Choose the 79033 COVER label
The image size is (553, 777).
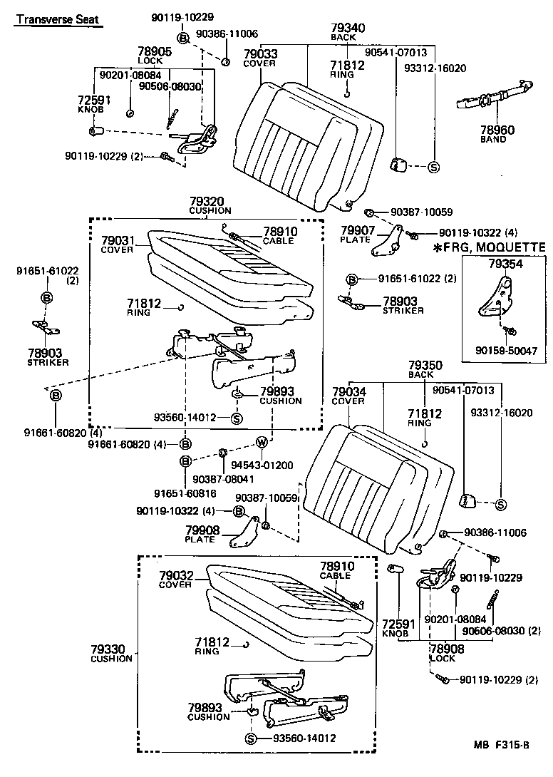tap(260, 58)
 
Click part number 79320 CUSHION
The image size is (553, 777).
tap(210, 205)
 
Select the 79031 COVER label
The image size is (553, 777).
tap(118, 245)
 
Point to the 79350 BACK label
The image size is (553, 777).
tap(425, 369)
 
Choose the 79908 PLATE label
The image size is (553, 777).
tap(202, 534)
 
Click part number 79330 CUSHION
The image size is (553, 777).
tap(111, 653)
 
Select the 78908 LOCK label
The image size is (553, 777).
tap(447, 653)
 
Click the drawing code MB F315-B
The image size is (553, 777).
tap(502, 746)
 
